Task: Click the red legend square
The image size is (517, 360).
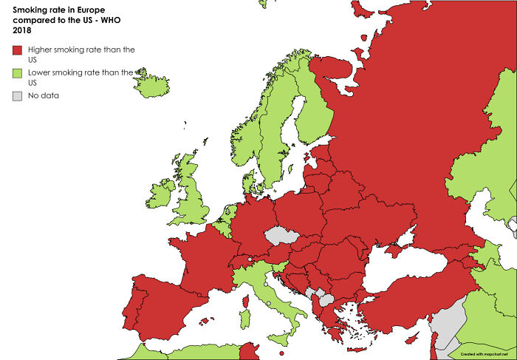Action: [x=17, y=50]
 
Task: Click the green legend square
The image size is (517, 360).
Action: [x=17, y=72]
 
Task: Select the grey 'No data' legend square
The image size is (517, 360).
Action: [x=17, y=95]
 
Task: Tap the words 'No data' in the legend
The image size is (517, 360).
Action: [x=44, y=95]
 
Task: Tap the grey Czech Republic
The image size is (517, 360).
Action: [x=282, y=236]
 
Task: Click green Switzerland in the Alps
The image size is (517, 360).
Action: [x=244, y=263]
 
